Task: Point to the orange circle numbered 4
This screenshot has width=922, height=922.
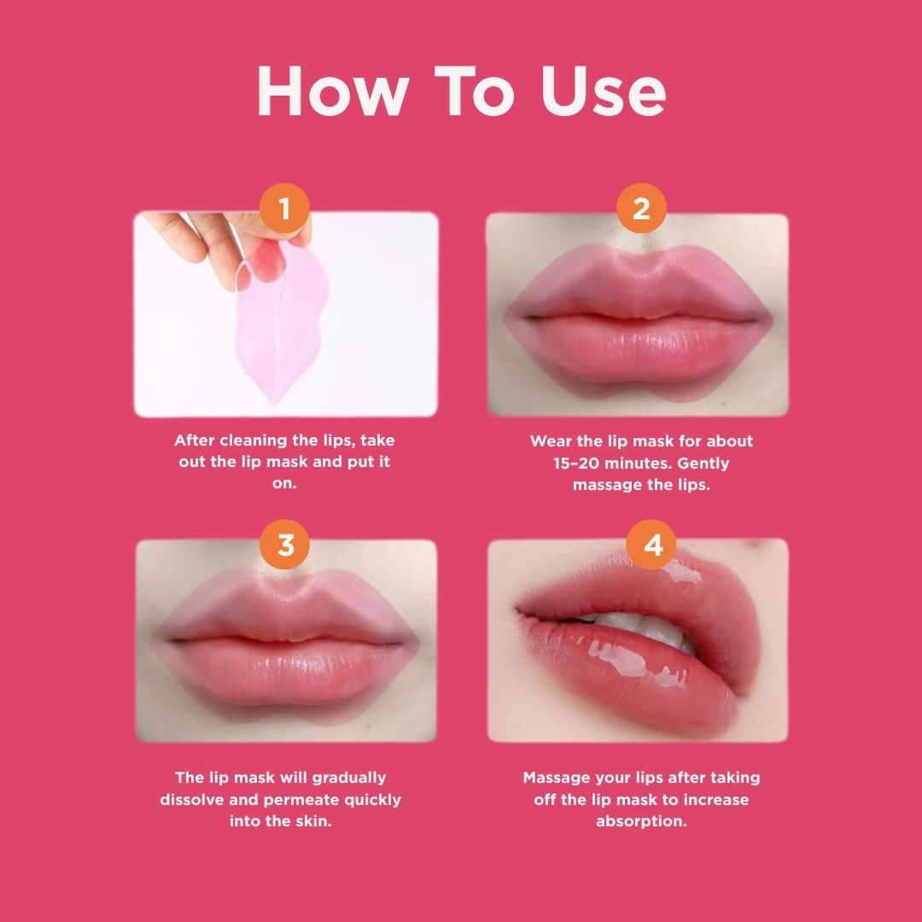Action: [x=651, y=544]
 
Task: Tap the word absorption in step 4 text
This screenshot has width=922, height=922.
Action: [x=641, y=822]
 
